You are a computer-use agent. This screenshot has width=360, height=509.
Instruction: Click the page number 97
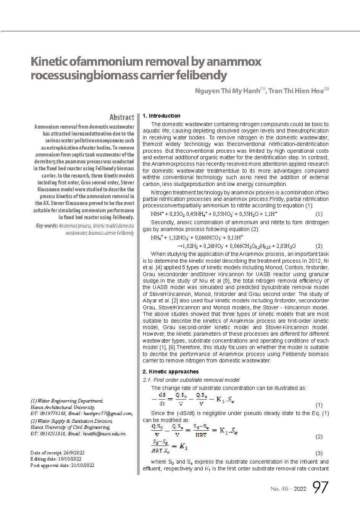320,487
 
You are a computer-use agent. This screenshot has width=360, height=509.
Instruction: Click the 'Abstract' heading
121,117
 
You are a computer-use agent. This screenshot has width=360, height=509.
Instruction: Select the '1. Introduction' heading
161,116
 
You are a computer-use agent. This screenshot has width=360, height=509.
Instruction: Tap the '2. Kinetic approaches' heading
170,372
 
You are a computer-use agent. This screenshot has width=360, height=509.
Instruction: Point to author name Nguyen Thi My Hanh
227,92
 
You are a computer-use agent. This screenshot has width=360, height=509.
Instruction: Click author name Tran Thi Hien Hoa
295,92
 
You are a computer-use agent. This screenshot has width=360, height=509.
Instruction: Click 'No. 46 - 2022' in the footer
288,489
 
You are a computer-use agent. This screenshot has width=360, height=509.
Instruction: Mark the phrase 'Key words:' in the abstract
47,226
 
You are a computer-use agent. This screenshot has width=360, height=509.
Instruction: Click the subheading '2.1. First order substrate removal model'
191,380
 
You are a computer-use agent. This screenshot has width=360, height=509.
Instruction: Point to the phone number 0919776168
52,413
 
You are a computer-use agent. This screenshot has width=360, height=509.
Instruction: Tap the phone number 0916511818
52,433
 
